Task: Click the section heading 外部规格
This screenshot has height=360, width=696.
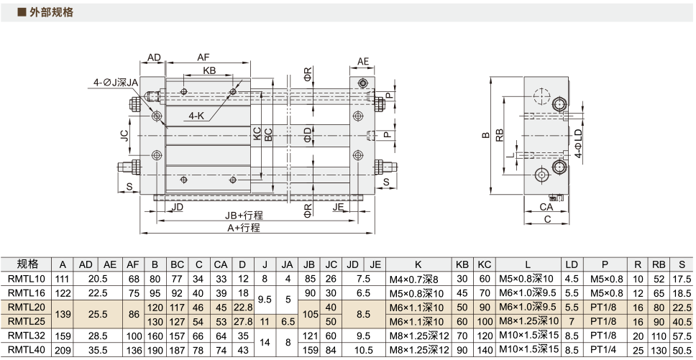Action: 51,12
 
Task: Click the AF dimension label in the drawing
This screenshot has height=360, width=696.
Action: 203,57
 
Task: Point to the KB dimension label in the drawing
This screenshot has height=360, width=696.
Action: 209,70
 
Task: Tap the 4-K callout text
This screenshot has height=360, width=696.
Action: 196,116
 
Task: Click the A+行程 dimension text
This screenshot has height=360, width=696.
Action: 244,228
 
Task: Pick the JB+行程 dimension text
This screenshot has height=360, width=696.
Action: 243,216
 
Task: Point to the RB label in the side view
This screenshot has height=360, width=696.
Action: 500,135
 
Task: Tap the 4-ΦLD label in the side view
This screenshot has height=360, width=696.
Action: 578,144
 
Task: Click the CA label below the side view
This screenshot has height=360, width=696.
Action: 546,207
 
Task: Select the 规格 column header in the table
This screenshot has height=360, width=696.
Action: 27,264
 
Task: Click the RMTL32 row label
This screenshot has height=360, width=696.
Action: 27,338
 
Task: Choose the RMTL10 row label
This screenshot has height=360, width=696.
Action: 27,279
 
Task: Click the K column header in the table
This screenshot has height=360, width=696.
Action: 418,264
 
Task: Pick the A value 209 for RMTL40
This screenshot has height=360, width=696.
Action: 63,350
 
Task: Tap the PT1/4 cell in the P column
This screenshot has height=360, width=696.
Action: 605,350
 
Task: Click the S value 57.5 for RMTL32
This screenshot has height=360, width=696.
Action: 682,338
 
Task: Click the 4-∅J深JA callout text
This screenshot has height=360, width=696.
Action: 116,83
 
